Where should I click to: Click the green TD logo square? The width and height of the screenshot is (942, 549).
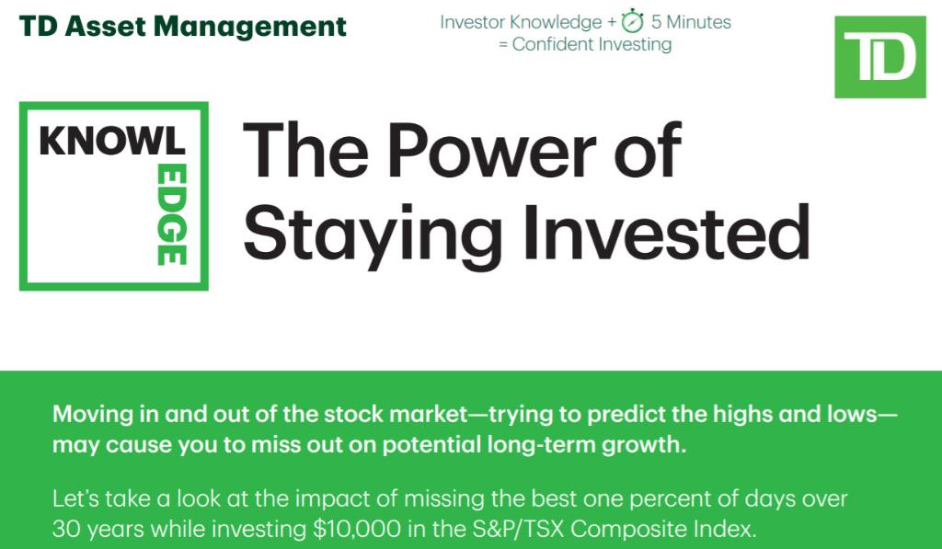[879, 57]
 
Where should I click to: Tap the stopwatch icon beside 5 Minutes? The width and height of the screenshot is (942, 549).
[632, 21]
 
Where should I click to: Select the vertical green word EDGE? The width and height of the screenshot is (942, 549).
[170, 215]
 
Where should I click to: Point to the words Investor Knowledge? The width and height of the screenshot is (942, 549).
[521, 21]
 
